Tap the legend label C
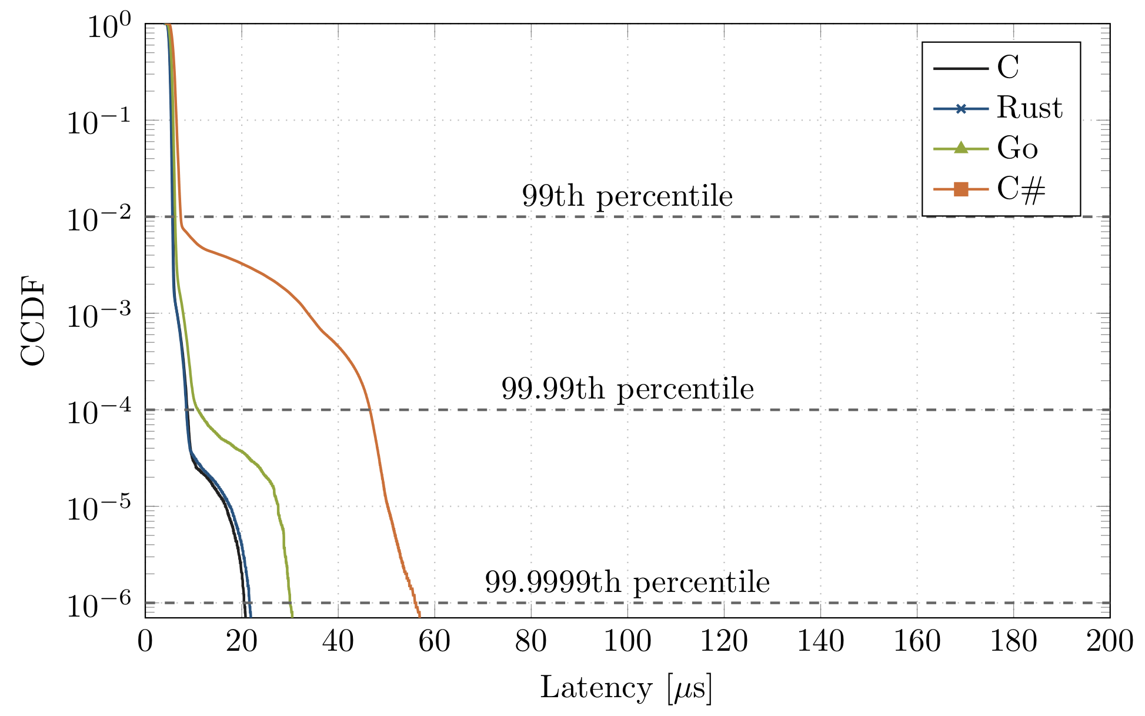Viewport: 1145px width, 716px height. coord(1008,68)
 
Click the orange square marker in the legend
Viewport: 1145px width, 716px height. coord(961,189)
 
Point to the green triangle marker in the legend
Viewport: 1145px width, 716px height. coord(961,148)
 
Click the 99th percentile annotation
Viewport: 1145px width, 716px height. coord(627,196)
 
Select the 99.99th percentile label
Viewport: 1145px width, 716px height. coord(627,389)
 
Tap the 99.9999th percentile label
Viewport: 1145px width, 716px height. coord(627,583)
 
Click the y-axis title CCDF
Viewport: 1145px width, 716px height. coord(33,321)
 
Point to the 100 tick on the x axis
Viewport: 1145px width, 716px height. coord(627,641)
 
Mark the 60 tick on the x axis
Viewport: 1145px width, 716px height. coord(435,641)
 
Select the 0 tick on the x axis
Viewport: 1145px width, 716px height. coord(145,641)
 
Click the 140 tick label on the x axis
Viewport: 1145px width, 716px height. coord(820,641)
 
